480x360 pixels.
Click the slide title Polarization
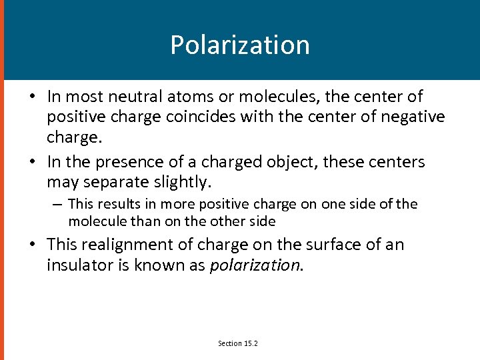point(240,45)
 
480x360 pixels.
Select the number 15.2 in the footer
point(250,343)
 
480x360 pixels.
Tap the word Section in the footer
point(229,343)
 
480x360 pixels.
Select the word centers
point(399,162)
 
